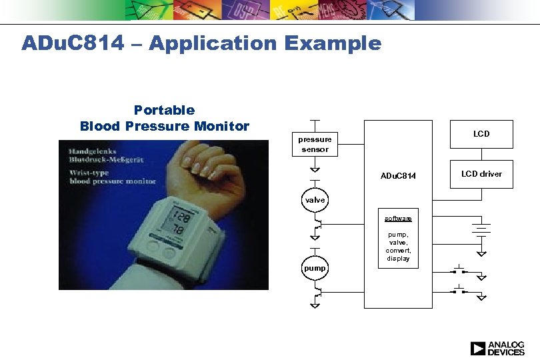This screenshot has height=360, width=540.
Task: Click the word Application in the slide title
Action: pyautogui.click(x=213, y=44)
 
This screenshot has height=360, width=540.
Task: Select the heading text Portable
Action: pyautogui.click(x=164, y=110)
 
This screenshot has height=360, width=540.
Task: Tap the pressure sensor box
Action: pyautogui.click(x=315, y=144)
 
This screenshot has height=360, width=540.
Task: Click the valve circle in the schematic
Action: pyautogui.click(x=315, y=200)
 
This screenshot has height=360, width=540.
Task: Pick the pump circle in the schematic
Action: pyautogui.click(x=315, y=268)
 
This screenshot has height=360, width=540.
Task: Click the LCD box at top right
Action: pyautogui.click(x=481, y=134)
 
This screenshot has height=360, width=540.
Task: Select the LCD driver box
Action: pyautogui.click(x=481, y=174)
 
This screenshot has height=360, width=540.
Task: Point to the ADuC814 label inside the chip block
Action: pyautogui.click(x=398, y=176)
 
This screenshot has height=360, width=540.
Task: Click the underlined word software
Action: pyautogui.click(x=398, y=219)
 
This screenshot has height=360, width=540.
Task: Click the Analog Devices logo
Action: pyautogui.click(x=497, y=348)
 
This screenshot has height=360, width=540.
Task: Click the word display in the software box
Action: pyautogui.click(x=398, y=259)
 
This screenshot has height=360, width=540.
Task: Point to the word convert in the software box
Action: pyautogui.click(x=398, y=251)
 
